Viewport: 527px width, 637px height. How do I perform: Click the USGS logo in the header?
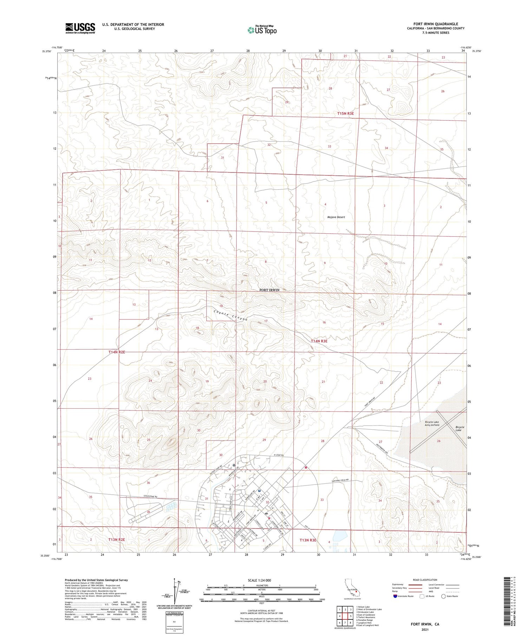pos(80,28)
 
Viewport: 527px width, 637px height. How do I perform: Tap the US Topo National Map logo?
pos(262,30)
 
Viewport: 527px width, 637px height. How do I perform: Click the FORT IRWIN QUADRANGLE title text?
pos(435,24)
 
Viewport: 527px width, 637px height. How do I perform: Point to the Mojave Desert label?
pos(336,217)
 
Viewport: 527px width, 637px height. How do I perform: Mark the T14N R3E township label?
pos(319,341)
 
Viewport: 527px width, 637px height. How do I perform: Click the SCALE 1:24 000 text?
pos(259,580)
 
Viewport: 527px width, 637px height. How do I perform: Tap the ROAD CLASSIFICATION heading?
pos(425,580)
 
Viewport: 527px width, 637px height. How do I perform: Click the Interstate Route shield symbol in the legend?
pos(395,596)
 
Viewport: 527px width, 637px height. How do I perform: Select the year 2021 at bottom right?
pos(425,629)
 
